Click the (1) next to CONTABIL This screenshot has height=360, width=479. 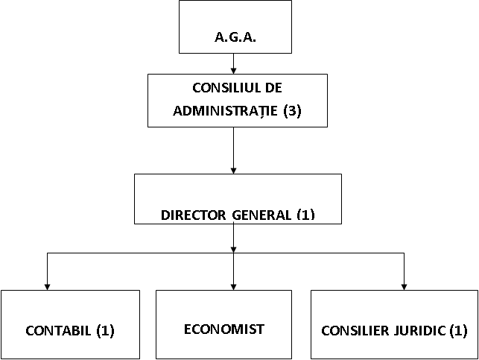(104, 329)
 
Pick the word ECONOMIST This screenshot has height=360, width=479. (224, 328)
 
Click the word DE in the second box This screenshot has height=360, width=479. (273, 89)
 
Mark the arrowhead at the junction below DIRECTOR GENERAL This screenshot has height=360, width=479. (234, 250)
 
